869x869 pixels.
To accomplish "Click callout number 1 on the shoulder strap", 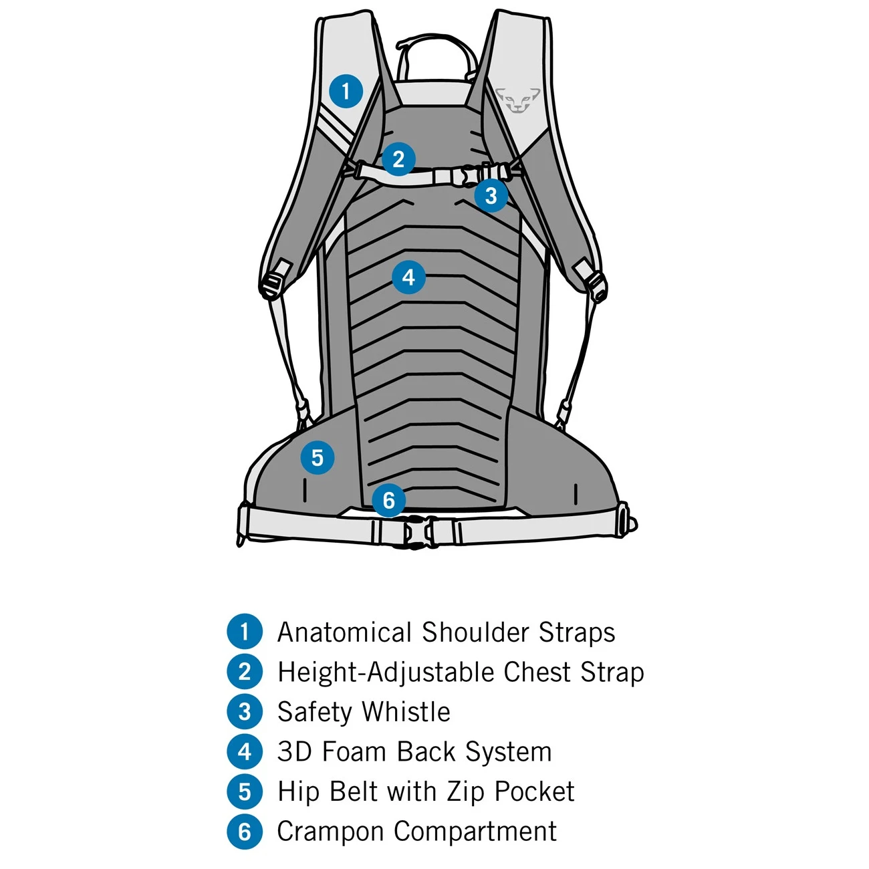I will pos(346,91).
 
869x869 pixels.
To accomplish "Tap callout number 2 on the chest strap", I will pos(398,159).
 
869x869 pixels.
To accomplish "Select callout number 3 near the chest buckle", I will pos(491,195).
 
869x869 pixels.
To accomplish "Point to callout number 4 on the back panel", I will pos(408,277).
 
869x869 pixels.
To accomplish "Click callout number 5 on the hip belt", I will pos(317,458).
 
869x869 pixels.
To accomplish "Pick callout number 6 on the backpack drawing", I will pos(388,500).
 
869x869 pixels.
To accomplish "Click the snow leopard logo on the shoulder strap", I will pos(518,100).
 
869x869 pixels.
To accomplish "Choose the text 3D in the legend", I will pos(295,752).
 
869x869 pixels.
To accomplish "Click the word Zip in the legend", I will pos(465,792).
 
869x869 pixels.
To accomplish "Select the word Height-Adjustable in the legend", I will pos(386,672).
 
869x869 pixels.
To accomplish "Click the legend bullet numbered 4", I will pos(245,752).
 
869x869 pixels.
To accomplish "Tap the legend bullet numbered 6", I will pos(245,832).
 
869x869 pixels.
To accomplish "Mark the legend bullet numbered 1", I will pos(245,632).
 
